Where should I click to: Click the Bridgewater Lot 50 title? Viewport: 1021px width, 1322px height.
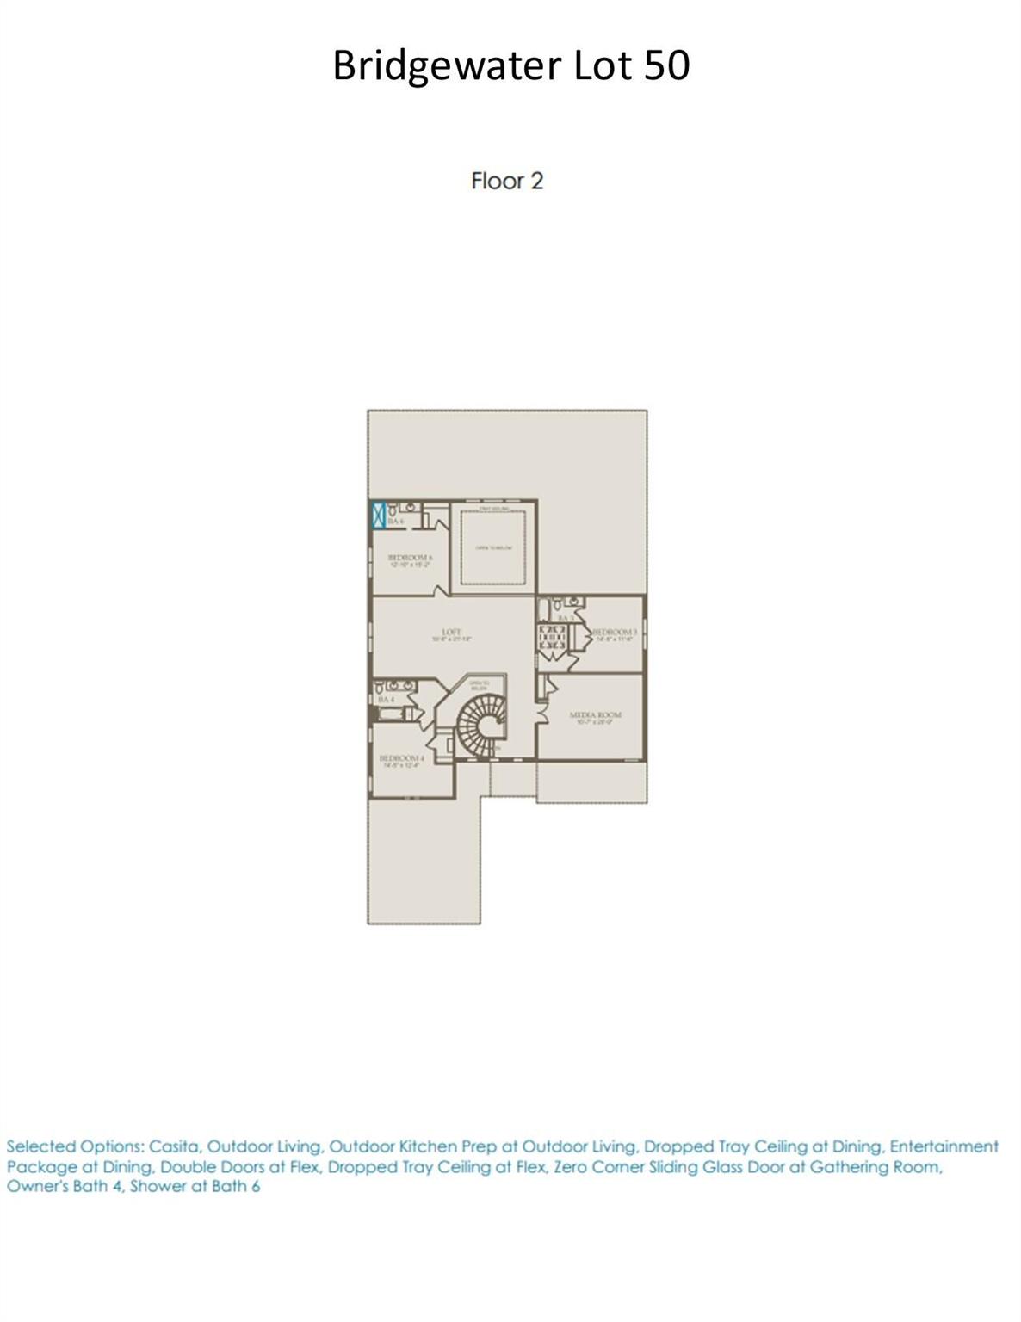coord(510,65)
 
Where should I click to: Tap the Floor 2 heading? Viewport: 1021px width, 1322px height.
coord(507,181)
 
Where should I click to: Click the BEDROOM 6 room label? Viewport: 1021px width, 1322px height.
coord(410,558)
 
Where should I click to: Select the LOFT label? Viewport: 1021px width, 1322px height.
coord(452,633)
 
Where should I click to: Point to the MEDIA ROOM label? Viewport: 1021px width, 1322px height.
coord(595,715)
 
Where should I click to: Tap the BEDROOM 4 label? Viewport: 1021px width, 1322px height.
coord(401,758)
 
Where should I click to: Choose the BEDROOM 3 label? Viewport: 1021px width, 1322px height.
coord(615,633)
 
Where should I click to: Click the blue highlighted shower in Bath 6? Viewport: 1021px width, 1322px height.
coord(377,515)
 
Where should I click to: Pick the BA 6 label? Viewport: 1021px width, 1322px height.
coord(395,522)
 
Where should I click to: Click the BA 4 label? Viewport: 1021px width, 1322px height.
coord(386,700)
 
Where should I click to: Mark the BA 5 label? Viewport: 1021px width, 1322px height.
coord(566,618)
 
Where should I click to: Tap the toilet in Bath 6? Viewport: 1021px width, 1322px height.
coord(412,509)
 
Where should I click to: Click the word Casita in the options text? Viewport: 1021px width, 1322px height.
coord(174,1147)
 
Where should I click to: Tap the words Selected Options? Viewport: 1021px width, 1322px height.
coord(74,1147)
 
